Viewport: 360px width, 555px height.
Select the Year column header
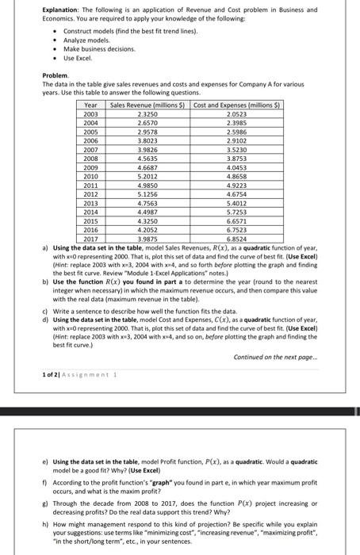point(90,105)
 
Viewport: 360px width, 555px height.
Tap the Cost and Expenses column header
point(230,105)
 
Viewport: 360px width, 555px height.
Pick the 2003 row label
point(90,114)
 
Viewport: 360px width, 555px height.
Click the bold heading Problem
point(56,74)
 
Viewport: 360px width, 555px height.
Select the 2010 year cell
point(90,176)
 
